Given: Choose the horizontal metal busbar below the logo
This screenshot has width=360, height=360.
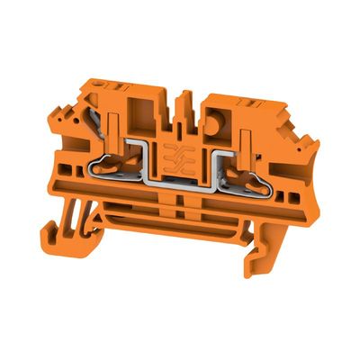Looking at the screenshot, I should [x=180, y=190].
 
